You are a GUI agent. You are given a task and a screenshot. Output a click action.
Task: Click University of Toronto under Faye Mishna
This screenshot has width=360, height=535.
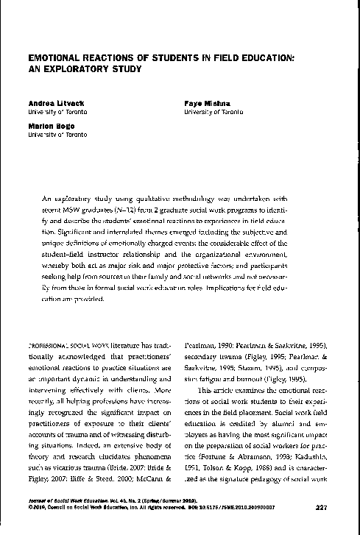(x=214, y=113)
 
